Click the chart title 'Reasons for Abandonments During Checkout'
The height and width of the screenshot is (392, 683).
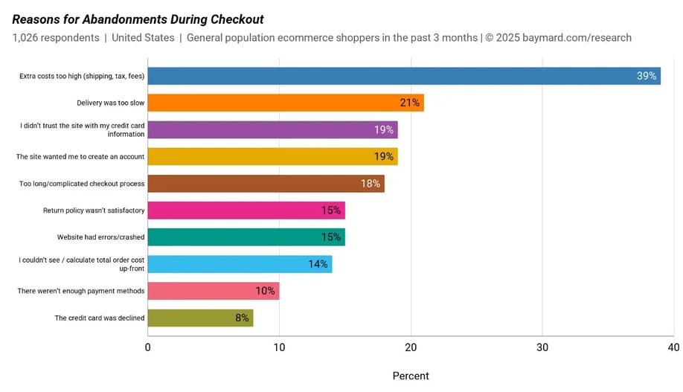coord(138,19)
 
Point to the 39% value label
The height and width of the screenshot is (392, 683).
coord(646,76)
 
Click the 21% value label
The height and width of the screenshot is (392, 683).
coord(410,103)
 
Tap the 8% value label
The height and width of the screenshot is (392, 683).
coord(242,318)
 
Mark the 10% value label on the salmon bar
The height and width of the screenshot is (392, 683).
coord(266,291)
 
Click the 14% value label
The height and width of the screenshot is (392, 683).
coord(318,264)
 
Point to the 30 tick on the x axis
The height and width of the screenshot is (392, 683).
coord(542,347)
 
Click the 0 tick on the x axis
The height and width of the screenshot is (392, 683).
coord(148,347)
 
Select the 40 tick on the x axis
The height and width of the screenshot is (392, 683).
coord(673,347)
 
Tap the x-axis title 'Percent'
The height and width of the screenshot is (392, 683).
coord(411,376)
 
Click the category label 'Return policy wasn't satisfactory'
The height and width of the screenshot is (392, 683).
coord(94,211)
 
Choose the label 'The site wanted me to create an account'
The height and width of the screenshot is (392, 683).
coord(80,157)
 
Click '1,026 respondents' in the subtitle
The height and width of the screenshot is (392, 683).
coord(56,38)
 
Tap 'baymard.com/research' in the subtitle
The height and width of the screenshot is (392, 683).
coord(577,38)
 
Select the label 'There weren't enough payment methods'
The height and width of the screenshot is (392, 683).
coord(81,291)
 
